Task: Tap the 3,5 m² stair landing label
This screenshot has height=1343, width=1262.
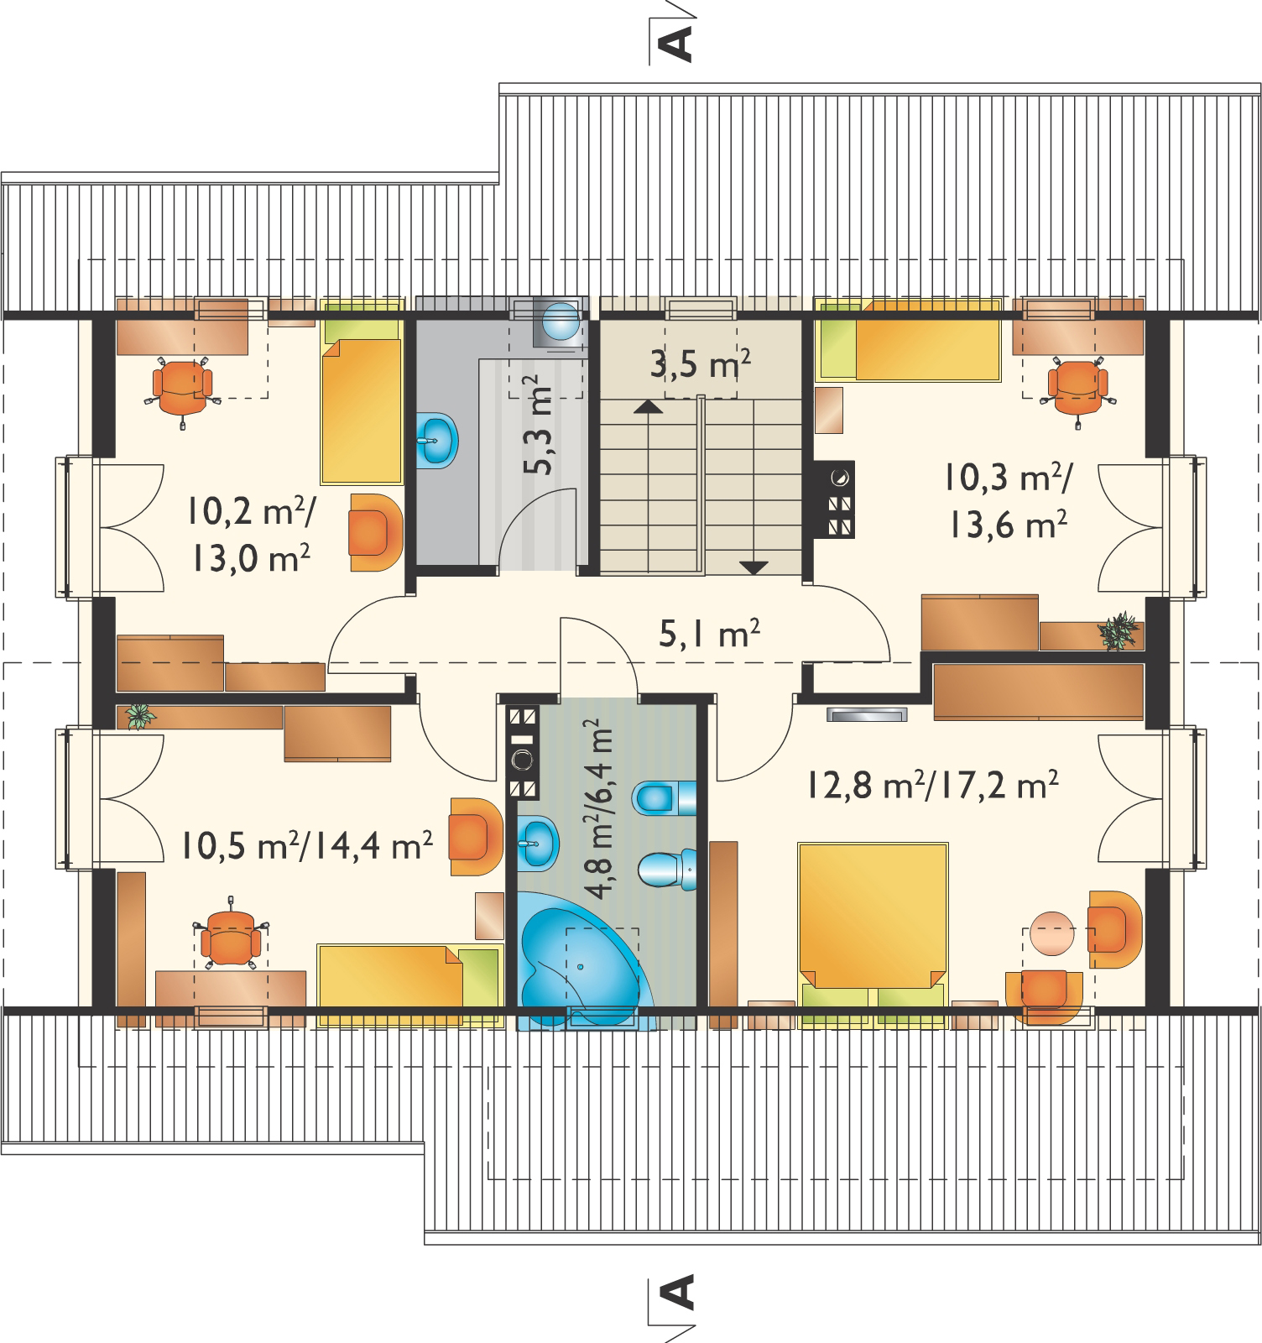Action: (x=700, y=364)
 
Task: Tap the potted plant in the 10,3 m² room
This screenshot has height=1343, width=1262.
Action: (x=1119, y=631)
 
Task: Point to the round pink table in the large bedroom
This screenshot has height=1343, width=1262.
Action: (x=1051, y=933)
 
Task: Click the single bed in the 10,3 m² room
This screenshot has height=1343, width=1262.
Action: (x=909, y=351)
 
